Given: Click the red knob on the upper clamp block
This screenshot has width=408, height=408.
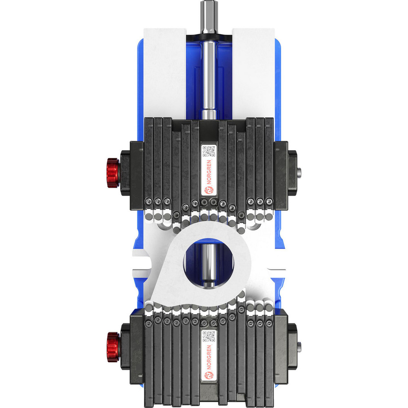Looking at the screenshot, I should click(113, 173).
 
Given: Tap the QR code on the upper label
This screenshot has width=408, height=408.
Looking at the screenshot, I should click(208, 151).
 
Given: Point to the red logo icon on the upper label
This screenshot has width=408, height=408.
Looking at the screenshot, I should click(208, 191).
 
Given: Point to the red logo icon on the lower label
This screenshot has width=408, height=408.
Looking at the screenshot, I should click(208, 375).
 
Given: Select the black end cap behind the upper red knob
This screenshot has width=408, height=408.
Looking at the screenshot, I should click(125, 173).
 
